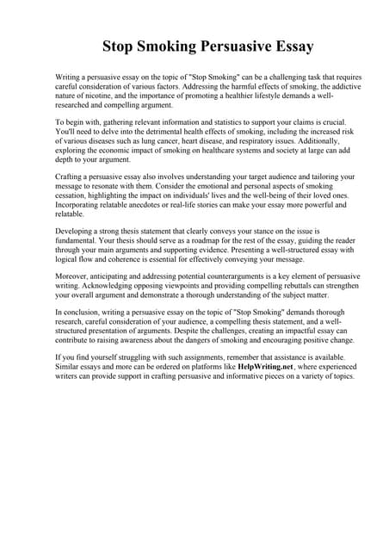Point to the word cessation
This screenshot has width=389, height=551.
74,195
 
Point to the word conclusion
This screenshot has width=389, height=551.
83,313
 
